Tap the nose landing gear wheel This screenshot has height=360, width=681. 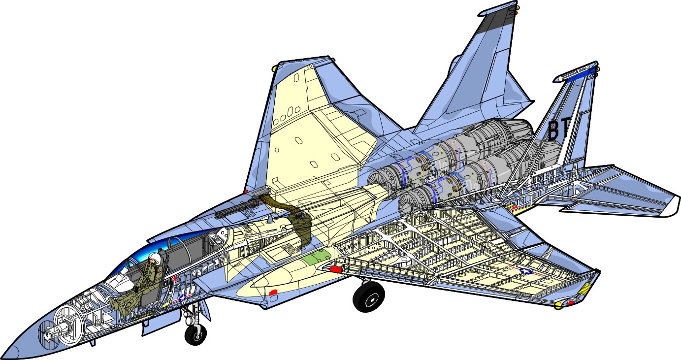click(x=195, y=334)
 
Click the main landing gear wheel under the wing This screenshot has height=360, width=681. click(x=368, y=297)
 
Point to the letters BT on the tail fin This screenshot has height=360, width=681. click(x=559, y=130)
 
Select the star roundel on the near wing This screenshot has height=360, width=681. click(x=526, y=271)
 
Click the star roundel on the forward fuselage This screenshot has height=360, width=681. click(x=183, y=298)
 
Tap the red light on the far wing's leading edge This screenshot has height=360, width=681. click(x=246, y=191)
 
